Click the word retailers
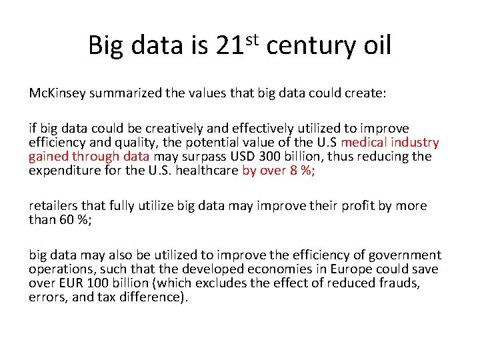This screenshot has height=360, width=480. coord(53,206)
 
